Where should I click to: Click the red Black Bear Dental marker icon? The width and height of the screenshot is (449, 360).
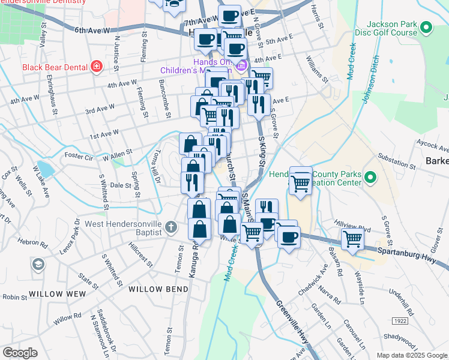coord(95,67)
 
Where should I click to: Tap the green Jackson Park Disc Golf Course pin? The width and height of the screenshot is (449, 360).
coord(426,28)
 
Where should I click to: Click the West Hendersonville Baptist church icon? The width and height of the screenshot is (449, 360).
coord(171,227)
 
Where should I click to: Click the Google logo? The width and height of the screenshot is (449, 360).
coord(20,352)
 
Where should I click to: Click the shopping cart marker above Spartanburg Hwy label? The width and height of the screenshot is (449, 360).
coord(352,239)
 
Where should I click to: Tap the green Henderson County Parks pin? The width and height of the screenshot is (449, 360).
coord(370,178)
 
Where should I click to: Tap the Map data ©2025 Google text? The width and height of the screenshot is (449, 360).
coord(411,355)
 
